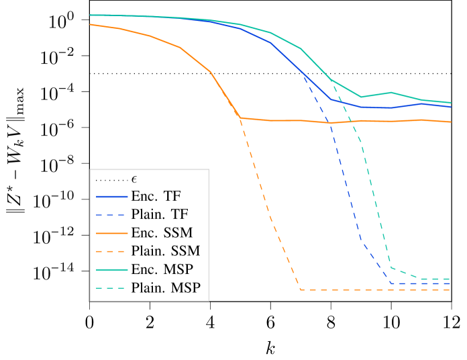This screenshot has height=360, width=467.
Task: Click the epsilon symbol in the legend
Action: coord(134,179)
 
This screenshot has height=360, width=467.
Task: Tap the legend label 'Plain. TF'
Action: coord(160,214)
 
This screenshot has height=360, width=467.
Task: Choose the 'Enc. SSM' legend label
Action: coord(162,233)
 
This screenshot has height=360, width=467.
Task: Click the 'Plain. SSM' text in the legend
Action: coord(166,251)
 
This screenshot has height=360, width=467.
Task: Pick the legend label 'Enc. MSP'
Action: coord(161,269)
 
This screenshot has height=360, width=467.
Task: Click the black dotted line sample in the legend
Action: coord(111,180)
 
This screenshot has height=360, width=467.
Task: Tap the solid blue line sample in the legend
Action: coord(111,196)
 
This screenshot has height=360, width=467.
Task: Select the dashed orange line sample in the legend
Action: coord(111,251)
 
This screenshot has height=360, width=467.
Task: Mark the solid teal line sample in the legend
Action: coord(111,269)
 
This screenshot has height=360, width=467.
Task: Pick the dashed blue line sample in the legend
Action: coord(111,214)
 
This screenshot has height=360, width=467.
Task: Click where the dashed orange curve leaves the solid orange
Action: coord(241,118)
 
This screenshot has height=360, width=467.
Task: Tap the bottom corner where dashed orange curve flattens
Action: coord(301,289)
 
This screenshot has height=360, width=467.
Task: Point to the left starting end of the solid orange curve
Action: coord(90,25)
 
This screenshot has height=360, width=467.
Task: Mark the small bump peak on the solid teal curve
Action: coord(391,93)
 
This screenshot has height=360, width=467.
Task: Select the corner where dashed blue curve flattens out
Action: coord(392,283)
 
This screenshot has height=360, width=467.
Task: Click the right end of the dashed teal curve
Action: coord(450,279)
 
